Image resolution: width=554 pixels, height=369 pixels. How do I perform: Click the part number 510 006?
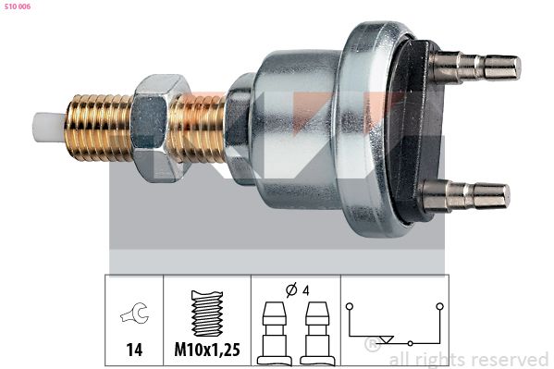pyautogui.click(x=18, y=6)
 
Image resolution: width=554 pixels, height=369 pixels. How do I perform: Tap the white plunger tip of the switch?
pyautogui.click(x=49, y=128)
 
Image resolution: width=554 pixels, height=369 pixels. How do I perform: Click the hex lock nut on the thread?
pyautogui.click(x=157, y=128)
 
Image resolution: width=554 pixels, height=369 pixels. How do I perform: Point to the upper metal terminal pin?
pyautogui.click(x=475, y=67)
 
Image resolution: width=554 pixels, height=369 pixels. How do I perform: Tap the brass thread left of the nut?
pyautogui.click(x=99, y=128)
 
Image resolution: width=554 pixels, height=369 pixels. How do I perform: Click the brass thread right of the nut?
pyautogui.click(x=198, y=129)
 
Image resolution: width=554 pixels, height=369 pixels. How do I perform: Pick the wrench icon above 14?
pyautogui.click(x=135, y=313)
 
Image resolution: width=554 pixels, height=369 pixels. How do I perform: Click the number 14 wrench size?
pyautogui.click(x=135, y=350)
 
